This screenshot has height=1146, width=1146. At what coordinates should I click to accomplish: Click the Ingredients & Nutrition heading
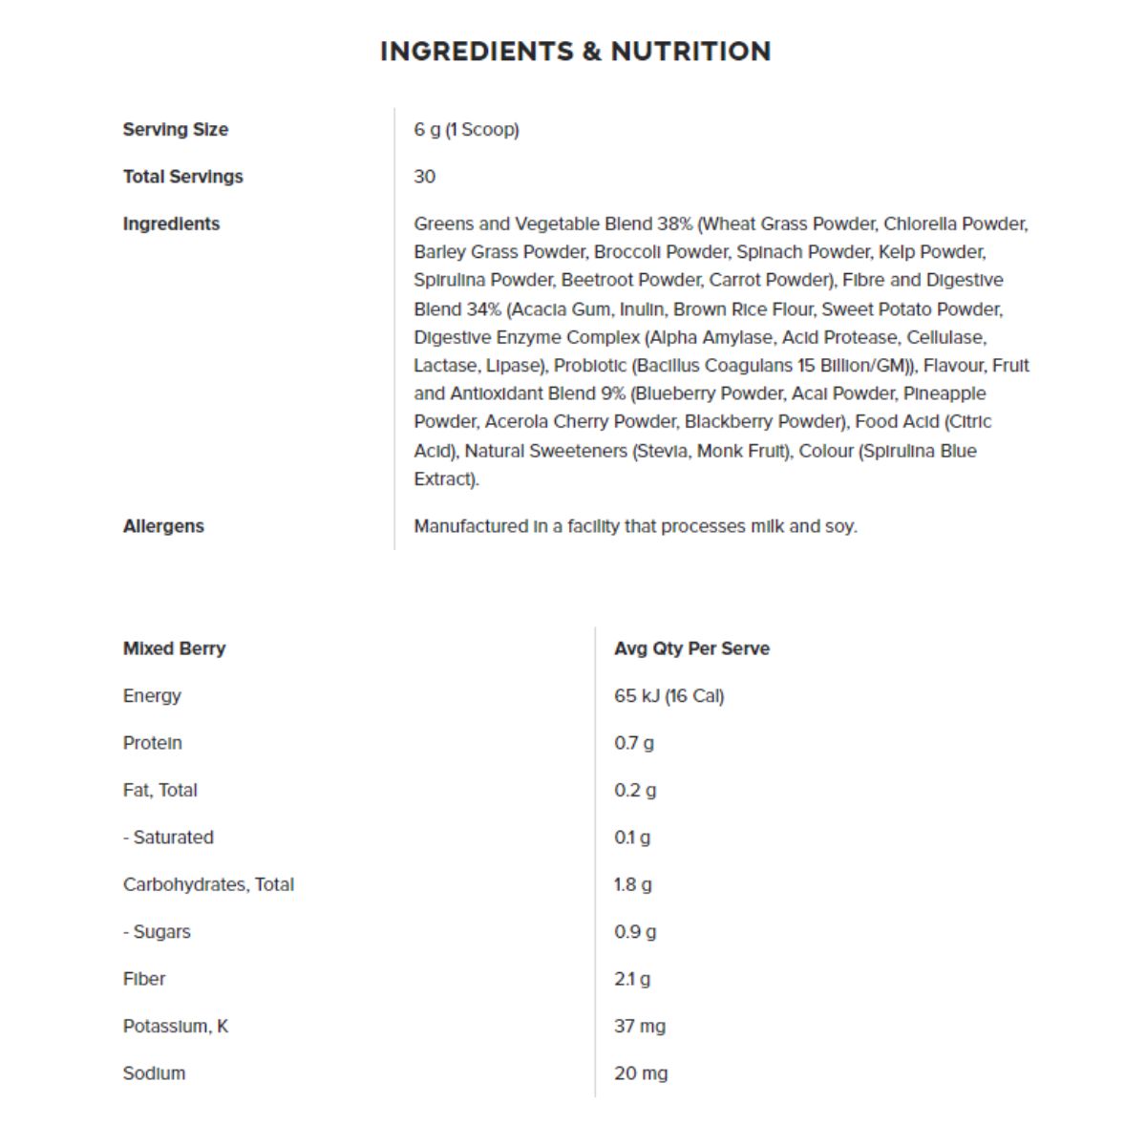click(x=575, y=52)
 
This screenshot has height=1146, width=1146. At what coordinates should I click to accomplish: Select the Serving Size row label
click(x=175, y=130)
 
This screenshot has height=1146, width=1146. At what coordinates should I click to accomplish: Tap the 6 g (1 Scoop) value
click(x=466, y=130)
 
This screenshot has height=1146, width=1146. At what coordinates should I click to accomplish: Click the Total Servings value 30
click(x=424, y=177)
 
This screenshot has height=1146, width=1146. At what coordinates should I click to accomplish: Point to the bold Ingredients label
click(x=171, y=223)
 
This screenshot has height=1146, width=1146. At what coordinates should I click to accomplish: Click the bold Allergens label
click(x=163, y=526)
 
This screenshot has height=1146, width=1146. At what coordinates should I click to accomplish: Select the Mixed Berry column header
click(x=174, y=648)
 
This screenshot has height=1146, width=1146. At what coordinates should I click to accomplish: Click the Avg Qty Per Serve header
click(x=691, y=648)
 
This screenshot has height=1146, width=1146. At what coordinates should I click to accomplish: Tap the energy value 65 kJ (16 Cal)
click(x=668, y=696)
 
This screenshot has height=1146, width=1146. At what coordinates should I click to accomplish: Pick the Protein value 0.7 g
click(x=633, y=743)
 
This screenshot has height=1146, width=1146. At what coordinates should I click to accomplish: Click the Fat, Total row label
click(x=159, y=790)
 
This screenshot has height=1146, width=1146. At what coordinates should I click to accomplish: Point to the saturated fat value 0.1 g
click(x=631, y=838)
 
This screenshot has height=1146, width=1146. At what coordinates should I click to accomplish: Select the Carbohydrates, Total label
click(x=208, y=884)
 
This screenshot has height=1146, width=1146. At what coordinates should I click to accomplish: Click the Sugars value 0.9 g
click(x=634, y=932)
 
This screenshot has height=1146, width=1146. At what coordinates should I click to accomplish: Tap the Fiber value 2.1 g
click(x=631, y=979)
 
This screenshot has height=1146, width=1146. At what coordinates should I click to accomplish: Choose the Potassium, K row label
click(x=176, y=1027)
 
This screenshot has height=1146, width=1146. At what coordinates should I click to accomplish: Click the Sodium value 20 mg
click(x=640, y=1073)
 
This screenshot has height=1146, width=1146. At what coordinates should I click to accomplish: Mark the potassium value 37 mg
click(x=639, y=1027)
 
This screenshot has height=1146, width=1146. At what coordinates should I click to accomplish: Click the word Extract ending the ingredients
click(x=444, y=479)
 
